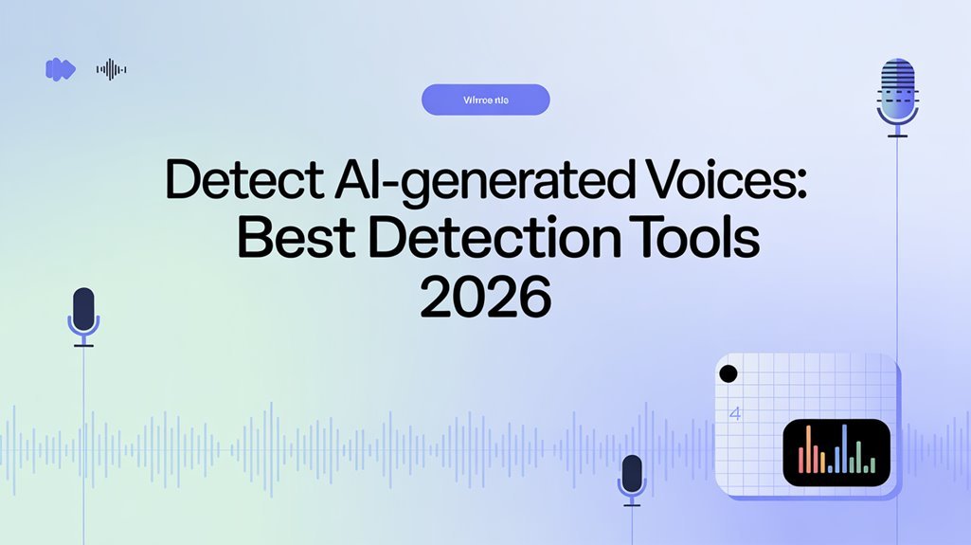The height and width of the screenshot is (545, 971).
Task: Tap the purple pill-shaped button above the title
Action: click(x=485, y=100)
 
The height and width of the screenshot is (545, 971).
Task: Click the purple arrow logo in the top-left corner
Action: click(x=60, y=68)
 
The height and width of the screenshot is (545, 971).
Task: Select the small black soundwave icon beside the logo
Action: click(x=112, y=68)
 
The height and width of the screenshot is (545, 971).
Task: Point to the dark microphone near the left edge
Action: click(x=84, y=308)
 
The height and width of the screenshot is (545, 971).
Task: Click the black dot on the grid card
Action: click(x=728, y=373)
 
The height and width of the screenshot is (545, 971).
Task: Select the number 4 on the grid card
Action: click(x=734, y=414)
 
